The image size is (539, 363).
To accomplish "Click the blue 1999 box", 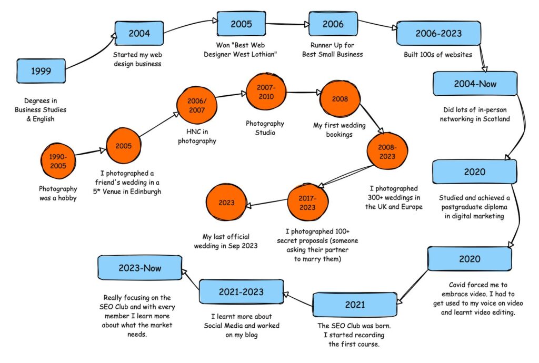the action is click(x=41, y=70).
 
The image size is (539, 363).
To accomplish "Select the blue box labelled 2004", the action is click(x=139, y=33).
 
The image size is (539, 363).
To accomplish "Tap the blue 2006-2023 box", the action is click(x=438, y=33).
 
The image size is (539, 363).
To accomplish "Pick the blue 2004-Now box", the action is click(x=475, y=84).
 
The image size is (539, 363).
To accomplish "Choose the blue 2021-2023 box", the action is click(x=241, y=292).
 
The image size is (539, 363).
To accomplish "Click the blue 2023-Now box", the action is click(x=140, y=268).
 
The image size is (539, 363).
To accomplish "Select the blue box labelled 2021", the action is click(x=355, y=305).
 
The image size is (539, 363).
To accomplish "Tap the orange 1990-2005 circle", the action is click(x=58, y=161).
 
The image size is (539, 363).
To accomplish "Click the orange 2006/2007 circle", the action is click(x=197, y=105).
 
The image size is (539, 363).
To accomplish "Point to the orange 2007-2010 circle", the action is click(x=266, y=92).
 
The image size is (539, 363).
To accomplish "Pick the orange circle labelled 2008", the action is click(x=340, y=99).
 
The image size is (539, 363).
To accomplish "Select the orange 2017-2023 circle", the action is click(x=307, y=203).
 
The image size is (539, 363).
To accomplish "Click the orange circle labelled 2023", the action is click(x=226, y=202).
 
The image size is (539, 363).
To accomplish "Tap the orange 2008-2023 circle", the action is click(x=387, y=152).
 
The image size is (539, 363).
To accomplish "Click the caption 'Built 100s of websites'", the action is click(x=438, y=55).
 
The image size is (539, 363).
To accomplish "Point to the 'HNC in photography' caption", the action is click(x=197, y=136).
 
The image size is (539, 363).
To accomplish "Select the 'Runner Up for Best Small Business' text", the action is click(x=333, y=50).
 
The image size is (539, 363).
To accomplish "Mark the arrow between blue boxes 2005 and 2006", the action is click(x=287, y=24).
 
